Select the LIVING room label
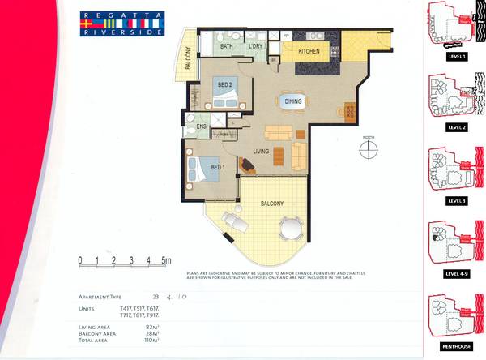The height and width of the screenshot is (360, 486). click(260, 152)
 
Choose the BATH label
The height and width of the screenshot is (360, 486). click(228, 48)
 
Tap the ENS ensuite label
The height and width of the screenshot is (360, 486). click(201, 127)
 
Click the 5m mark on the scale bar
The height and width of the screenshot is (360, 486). click(165, 261)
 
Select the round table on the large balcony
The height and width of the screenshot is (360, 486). click(289, 228)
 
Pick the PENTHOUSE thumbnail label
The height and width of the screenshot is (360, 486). click(457, 345)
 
